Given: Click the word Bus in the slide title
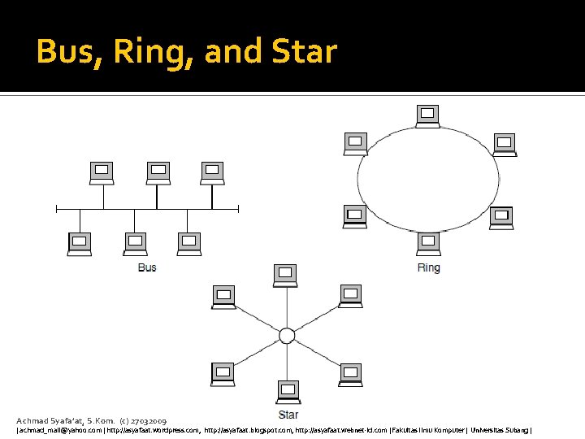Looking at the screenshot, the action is click(66, 52).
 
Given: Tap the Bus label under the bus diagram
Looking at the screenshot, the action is click(147, 267).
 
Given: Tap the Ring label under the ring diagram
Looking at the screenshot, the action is click(428, 267).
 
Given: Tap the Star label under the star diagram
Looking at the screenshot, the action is click(288, 415).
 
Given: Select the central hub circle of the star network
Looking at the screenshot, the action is click(287, 336).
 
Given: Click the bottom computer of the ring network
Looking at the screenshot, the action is click(428, 242).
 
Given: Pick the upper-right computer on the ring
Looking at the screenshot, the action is click(505, 143).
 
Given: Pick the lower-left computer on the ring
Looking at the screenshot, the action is click(355, 216).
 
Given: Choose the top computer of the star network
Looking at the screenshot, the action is click(285, 275).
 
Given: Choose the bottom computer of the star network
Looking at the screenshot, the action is click(287, 390).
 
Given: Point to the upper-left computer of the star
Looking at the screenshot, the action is click(223, 296).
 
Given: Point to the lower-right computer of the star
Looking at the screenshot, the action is click(351, 372).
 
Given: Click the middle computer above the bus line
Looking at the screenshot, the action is click(158, 172).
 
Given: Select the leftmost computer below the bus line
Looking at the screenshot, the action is click(80, 243).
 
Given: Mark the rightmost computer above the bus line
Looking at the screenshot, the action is click(212, 172).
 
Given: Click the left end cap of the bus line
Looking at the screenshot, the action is click(56, 208).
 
